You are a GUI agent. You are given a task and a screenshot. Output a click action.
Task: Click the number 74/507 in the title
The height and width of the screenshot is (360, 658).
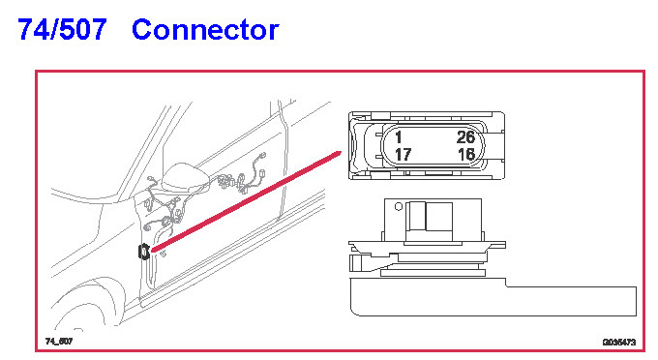point(62,29)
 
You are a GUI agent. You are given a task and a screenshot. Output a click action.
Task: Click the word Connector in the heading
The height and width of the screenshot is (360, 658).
point(205,30)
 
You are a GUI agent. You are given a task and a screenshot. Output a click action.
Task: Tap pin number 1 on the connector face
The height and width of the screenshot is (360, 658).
point(399,137)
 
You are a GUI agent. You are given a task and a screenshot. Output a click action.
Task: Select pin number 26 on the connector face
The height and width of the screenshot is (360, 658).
point(465,137)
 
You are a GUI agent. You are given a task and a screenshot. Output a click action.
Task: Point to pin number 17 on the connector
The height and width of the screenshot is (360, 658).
point(403,155)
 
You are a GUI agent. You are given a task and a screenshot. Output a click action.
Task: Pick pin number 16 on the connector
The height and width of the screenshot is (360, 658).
point(466,155)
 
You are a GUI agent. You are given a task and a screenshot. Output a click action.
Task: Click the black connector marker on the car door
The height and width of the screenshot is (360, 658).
point(144,252)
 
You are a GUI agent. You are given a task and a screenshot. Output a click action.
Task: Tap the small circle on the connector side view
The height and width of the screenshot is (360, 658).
point(399,206)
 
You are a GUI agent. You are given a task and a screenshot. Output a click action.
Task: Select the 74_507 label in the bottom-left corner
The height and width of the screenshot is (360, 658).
point(59,341)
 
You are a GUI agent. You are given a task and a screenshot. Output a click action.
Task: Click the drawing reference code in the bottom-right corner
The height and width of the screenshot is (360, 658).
point(619,343)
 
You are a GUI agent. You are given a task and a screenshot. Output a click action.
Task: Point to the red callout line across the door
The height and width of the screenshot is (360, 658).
point(246,202)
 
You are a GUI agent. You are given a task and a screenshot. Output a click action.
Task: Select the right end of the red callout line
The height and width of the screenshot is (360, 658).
point(341,152)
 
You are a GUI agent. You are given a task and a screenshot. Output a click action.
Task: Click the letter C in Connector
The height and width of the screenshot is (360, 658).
point(142,30)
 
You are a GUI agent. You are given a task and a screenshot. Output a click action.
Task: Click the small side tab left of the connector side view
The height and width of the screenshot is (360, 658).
point(356,262)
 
